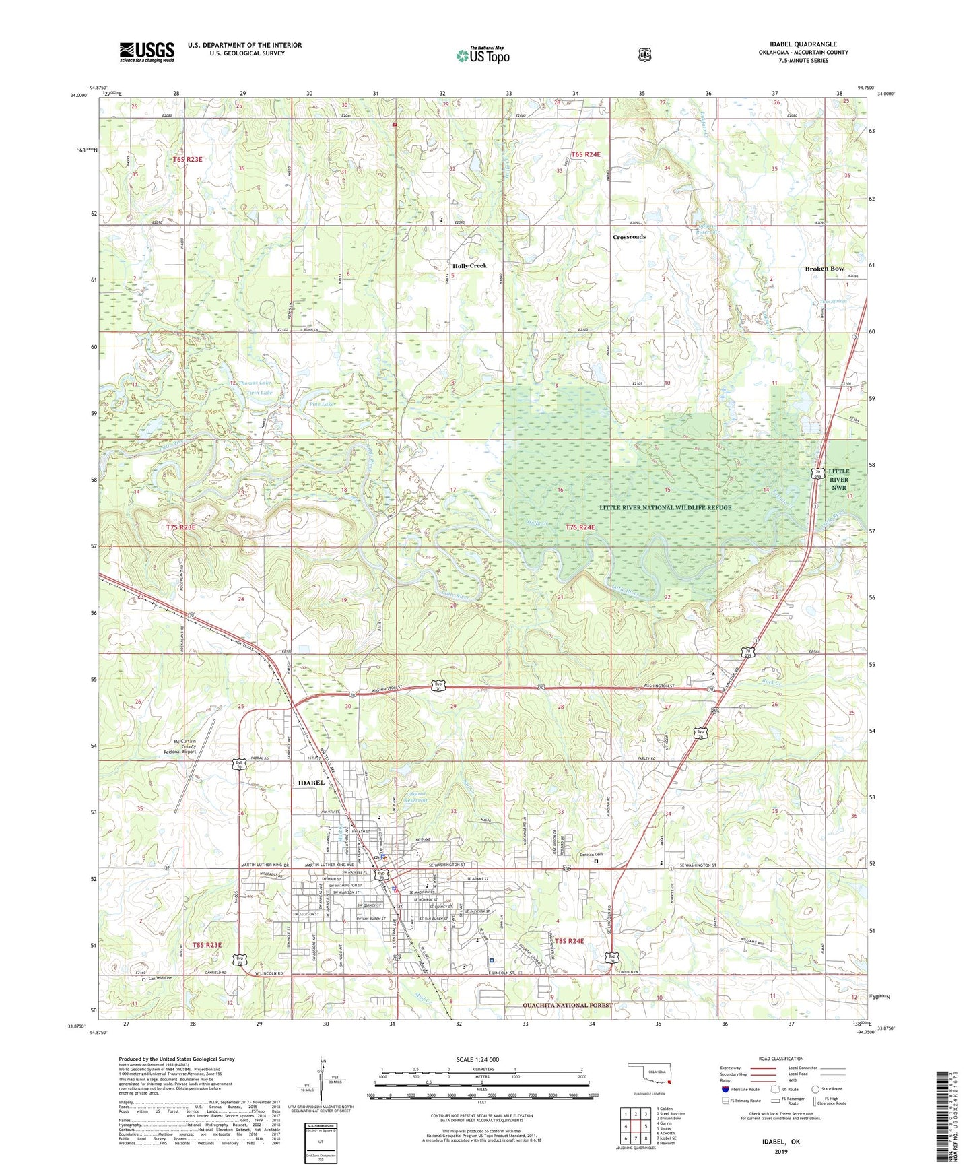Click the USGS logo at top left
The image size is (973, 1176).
click(147, 52)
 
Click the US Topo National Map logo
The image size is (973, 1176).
click(482, 55)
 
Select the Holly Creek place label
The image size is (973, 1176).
click(469, 266)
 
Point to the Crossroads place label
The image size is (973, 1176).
click(629, 237)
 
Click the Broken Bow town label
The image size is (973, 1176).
click(824, 269)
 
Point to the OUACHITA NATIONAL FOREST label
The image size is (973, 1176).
click(568, 1005)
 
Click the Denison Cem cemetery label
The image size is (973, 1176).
click(591, 855)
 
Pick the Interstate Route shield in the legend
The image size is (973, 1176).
click(725, 1089)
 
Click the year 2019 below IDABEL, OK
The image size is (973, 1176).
click(780, 1151)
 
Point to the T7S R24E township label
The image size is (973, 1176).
click(580, 527)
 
